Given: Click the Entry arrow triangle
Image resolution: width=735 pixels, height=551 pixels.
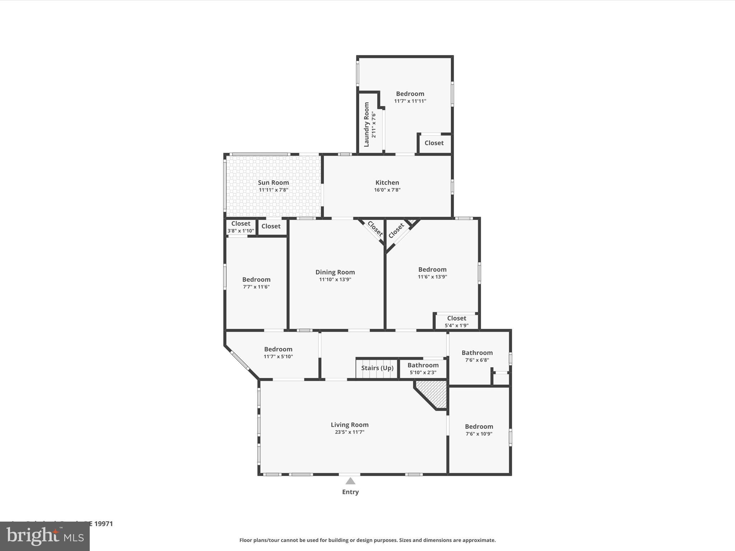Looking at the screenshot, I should click(350, 481).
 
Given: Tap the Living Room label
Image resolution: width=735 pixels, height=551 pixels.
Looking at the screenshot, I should click(350, 425).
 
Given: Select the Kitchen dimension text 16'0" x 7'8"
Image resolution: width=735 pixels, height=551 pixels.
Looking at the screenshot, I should click(387, 190).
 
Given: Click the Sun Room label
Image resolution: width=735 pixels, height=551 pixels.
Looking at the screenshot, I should click(273, 182).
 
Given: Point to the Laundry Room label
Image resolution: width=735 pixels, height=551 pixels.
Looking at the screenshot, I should click(366, 124).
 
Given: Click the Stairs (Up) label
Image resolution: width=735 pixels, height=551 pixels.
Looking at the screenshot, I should click(377, 368).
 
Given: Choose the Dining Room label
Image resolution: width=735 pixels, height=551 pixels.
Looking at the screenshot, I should click(335, 272).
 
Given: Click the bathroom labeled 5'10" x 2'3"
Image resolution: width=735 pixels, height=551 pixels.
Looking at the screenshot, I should click(423, 368).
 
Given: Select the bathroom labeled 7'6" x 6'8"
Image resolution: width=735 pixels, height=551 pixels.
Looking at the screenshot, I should click(477, 356).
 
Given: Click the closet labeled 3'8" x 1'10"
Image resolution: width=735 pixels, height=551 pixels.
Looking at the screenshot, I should click(240, 227).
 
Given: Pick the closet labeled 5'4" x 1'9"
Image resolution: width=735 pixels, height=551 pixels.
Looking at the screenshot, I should click(457, 321).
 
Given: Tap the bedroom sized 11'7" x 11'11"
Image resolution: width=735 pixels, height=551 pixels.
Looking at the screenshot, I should click(410, 97).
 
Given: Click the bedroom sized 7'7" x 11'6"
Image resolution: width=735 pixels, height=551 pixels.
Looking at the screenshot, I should click(256, 283).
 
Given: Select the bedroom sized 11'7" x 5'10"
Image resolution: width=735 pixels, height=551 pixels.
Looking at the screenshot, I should click(278, 352).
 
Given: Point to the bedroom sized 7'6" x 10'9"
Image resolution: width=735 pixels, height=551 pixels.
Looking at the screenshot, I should click(479, 430).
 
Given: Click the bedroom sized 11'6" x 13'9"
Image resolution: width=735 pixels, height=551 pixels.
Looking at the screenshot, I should click(432, 273).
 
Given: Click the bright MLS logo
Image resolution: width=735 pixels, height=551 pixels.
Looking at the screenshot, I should click(45, 536).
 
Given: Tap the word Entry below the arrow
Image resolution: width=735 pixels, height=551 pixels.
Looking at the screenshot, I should click(350, 492).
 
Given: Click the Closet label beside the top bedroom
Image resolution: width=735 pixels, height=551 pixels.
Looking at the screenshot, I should click(434, 143).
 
